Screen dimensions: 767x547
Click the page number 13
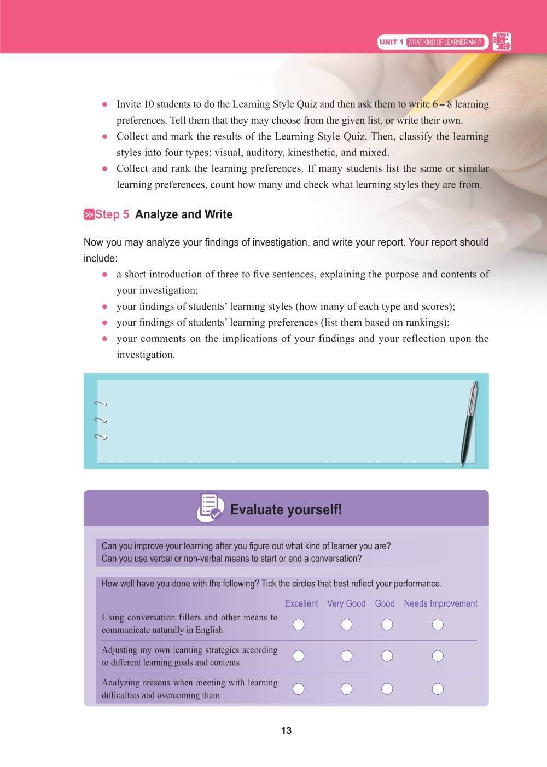tap(286, 730)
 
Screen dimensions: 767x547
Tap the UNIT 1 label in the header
tap(392, 42)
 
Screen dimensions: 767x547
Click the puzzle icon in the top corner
tap(502, 42)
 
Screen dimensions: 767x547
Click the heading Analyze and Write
tap(184, 214)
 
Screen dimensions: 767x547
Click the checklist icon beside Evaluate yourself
tap(210, 508)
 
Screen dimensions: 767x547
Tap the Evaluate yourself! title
tap(286, 510)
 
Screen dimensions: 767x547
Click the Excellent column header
tap(301, 603)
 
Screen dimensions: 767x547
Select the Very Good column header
tap(346, 603)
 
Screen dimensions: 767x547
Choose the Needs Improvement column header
tap(440, 603)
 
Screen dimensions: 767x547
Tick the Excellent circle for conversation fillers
tap(298, 624)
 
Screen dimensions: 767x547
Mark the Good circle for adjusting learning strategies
tap(387, 656)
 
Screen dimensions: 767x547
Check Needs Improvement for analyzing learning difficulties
tap(438, 689)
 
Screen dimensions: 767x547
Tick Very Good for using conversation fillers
tap(346, 624)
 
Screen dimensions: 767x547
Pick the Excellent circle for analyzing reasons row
tap(298, 689)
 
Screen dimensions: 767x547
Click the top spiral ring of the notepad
tap(100, 404)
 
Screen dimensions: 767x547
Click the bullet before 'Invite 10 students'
tap(104, 104)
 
